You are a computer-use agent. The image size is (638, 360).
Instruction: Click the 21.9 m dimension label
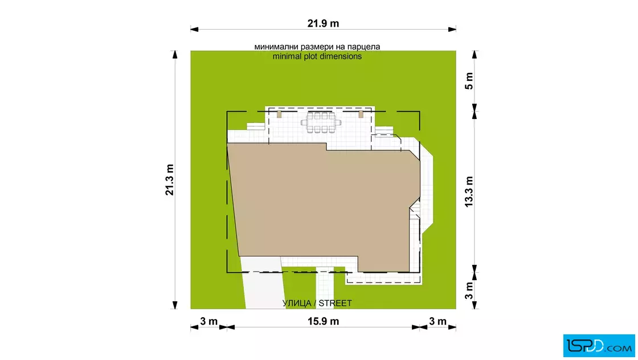tap(323, 23)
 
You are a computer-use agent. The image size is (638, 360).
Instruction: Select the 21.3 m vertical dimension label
tap(169, 180)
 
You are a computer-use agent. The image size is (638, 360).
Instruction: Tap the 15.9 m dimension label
tap(323, 321)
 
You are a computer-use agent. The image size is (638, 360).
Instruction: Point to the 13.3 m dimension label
tap(469, 191)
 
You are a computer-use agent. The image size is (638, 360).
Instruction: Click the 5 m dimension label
tap(469, 81)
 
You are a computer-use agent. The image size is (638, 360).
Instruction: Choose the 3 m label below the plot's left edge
tap(208, 321)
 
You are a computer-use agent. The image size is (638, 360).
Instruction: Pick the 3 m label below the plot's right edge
tap(438, 321)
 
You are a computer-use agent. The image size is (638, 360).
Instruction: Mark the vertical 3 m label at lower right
tap(469, 291)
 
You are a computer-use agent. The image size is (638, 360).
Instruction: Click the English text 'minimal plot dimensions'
tap(317, 56)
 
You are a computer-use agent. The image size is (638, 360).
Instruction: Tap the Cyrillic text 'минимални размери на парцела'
tap(317, 47)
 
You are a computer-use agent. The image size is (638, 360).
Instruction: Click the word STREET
tap(336, 303)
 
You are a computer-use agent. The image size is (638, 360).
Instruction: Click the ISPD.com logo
tap(599, 346)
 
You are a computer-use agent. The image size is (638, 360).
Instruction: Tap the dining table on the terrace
tap(321, 122)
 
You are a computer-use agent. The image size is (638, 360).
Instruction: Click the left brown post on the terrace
tap(279, 114)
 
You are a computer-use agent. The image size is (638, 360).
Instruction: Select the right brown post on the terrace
tap(361, 114)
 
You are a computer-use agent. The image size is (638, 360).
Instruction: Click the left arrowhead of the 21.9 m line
tap(194, 29)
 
